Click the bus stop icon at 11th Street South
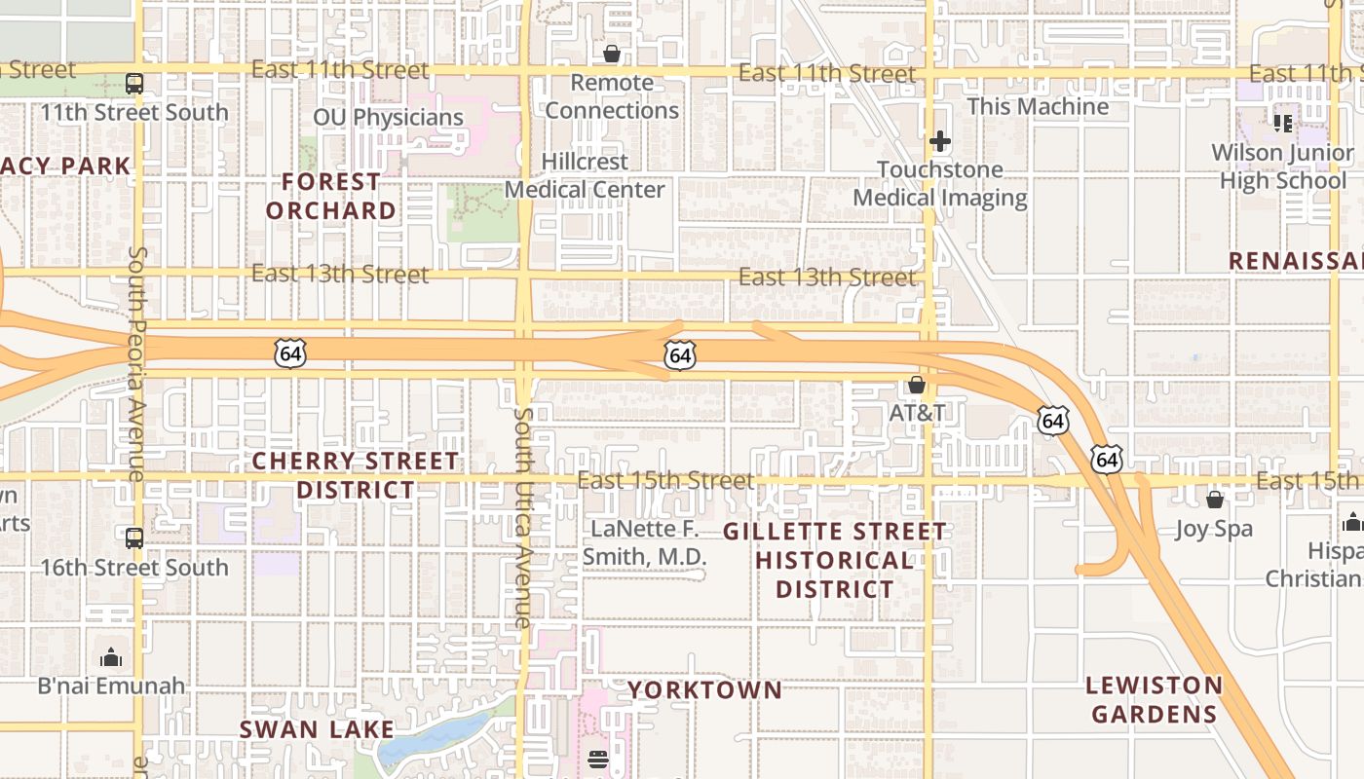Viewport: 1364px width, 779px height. [134, 84]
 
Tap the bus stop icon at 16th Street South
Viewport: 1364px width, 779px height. [134, 538]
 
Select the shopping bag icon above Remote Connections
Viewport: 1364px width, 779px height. [612, 53]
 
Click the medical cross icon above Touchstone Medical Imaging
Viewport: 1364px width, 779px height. [939, 141]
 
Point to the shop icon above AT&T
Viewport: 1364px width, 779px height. [917, 385]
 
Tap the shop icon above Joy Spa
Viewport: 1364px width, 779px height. [1215, 500]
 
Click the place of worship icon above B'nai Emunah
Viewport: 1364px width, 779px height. [111, 657]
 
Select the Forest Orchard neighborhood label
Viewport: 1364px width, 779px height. [331, 196]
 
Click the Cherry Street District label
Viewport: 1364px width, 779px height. [356, 474]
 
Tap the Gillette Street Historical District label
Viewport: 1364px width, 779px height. [834, 560]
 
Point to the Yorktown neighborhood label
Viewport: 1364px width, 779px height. [704, 690]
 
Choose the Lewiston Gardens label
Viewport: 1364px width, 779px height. [1154, 699]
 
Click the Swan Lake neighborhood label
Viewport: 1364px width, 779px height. [317, 729]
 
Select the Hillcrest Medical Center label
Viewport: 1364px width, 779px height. [585, 175]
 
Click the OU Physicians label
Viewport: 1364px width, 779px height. [388, 118]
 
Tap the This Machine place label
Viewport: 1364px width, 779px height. [1038, 106]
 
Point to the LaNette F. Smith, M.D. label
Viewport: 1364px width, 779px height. [644, 542]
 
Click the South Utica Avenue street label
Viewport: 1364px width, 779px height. [523, 517]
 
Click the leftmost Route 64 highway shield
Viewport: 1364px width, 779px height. [290, 352]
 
